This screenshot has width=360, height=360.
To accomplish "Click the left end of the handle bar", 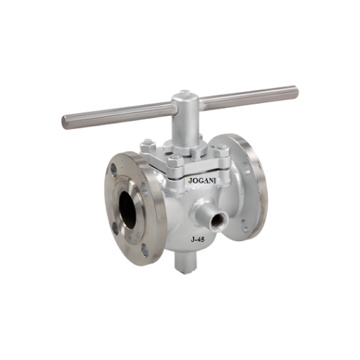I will point(66,122).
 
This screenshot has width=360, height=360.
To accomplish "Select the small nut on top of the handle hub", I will point(184,93).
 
